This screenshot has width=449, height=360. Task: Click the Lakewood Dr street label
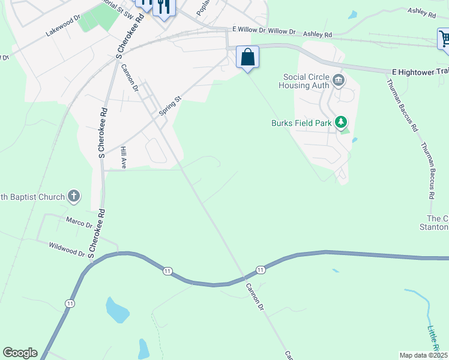[62, 26]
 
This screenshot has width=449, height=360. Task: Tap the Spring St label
[169, 106]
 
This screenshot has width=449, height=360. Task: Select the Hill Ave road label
[123, 157]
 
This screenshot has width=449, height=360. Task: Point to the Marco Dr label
[79, 223]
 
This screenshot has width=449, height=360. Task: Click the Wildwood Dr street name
[67, 249]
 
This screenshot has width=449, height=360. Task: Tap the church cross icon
[73, 196]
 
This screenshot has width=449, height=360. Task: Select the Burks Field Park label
[301, 124]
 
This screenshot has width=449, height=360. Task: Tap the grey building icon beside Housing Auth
[339, 80]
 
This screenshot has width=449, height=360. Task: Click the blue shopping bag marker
[247, 58]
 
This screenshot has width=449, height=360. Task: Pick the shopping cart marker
[444, 39]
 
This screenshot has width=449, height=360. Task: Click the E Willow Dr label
[250, 30]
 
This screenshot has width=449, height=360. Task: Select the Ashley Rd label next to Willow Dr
[318, 35]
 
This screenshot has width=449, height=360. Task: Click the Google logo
[20, 353]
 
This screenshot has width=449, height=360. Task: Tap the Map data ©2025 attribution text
[423, 355]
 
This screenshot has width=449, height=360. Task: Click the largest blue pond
[116, 310]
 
